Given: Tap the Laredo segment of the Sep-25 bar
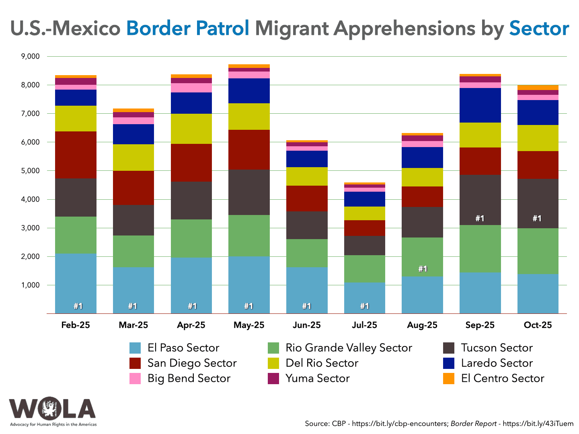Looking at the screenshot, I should [480, 105].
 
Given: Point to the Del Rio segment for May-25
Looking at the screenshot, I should [249, 117].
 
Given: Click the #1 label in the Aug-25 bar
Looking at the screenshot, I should [422, 269].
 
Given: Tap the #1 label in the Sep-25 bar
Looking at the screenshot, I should [480, 219].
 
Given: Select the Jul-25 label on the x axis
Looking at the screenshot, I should [364, 325].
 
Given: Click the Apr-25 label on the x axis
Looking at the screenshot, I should [191, 325].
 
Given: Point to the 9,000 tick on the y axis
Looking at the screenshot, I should [30, 57].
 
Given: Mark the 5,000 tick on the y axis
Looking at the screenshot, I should [30, 171].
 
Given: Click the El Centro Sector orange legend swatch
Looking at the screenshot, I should [449, 379].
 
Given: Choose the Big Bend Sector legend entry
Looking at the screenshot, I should [189, 379].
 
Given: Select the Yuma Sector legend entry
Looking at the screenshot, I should [317, 379].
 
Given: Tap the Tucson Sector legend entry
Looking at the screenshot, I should [497, 348].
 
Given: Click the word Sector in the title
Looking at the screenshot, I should [539, 28].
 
